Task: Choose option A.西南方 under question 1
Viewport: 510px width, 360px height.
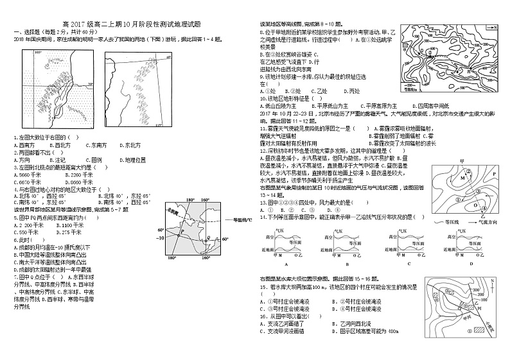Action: (x=24, y=146)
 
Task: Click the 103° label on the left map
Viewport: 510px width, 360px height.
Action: (x=37, y=51)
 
